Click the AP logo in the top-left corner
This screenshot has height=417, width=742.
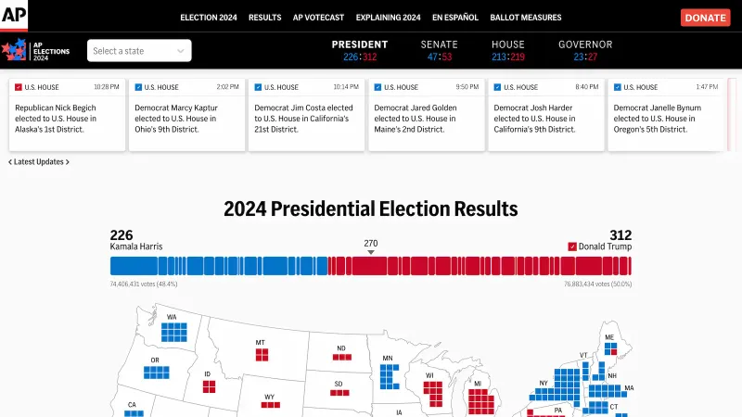coord(14,16)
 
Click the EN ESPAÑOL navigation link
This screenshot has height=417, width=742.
coord(455,18)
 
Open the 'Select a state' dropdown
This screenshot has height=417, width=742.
coord(139,51)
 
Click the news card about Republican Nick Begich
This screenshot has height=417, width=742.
coord(67,115)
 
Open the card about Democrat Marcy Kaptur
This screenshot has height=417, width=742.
coord(186,115)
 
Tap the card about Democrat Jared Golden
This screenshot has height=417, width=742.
coord(427,115)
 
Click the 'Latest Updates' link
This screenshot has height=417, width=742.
coord(39,162)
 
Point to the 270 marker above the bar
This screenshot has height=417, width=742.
coord(371,244)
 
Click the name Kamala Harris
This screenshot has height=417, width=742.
coord(135,246)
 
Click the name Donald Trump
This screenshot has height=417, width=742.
coord(605,246)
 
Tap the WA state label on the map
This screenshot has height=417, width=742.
coord(172,317)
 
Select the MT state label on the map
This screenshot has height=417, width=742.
coord(261,343)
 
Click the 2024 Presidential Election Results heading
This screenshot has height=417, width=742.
coord(371,208)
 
